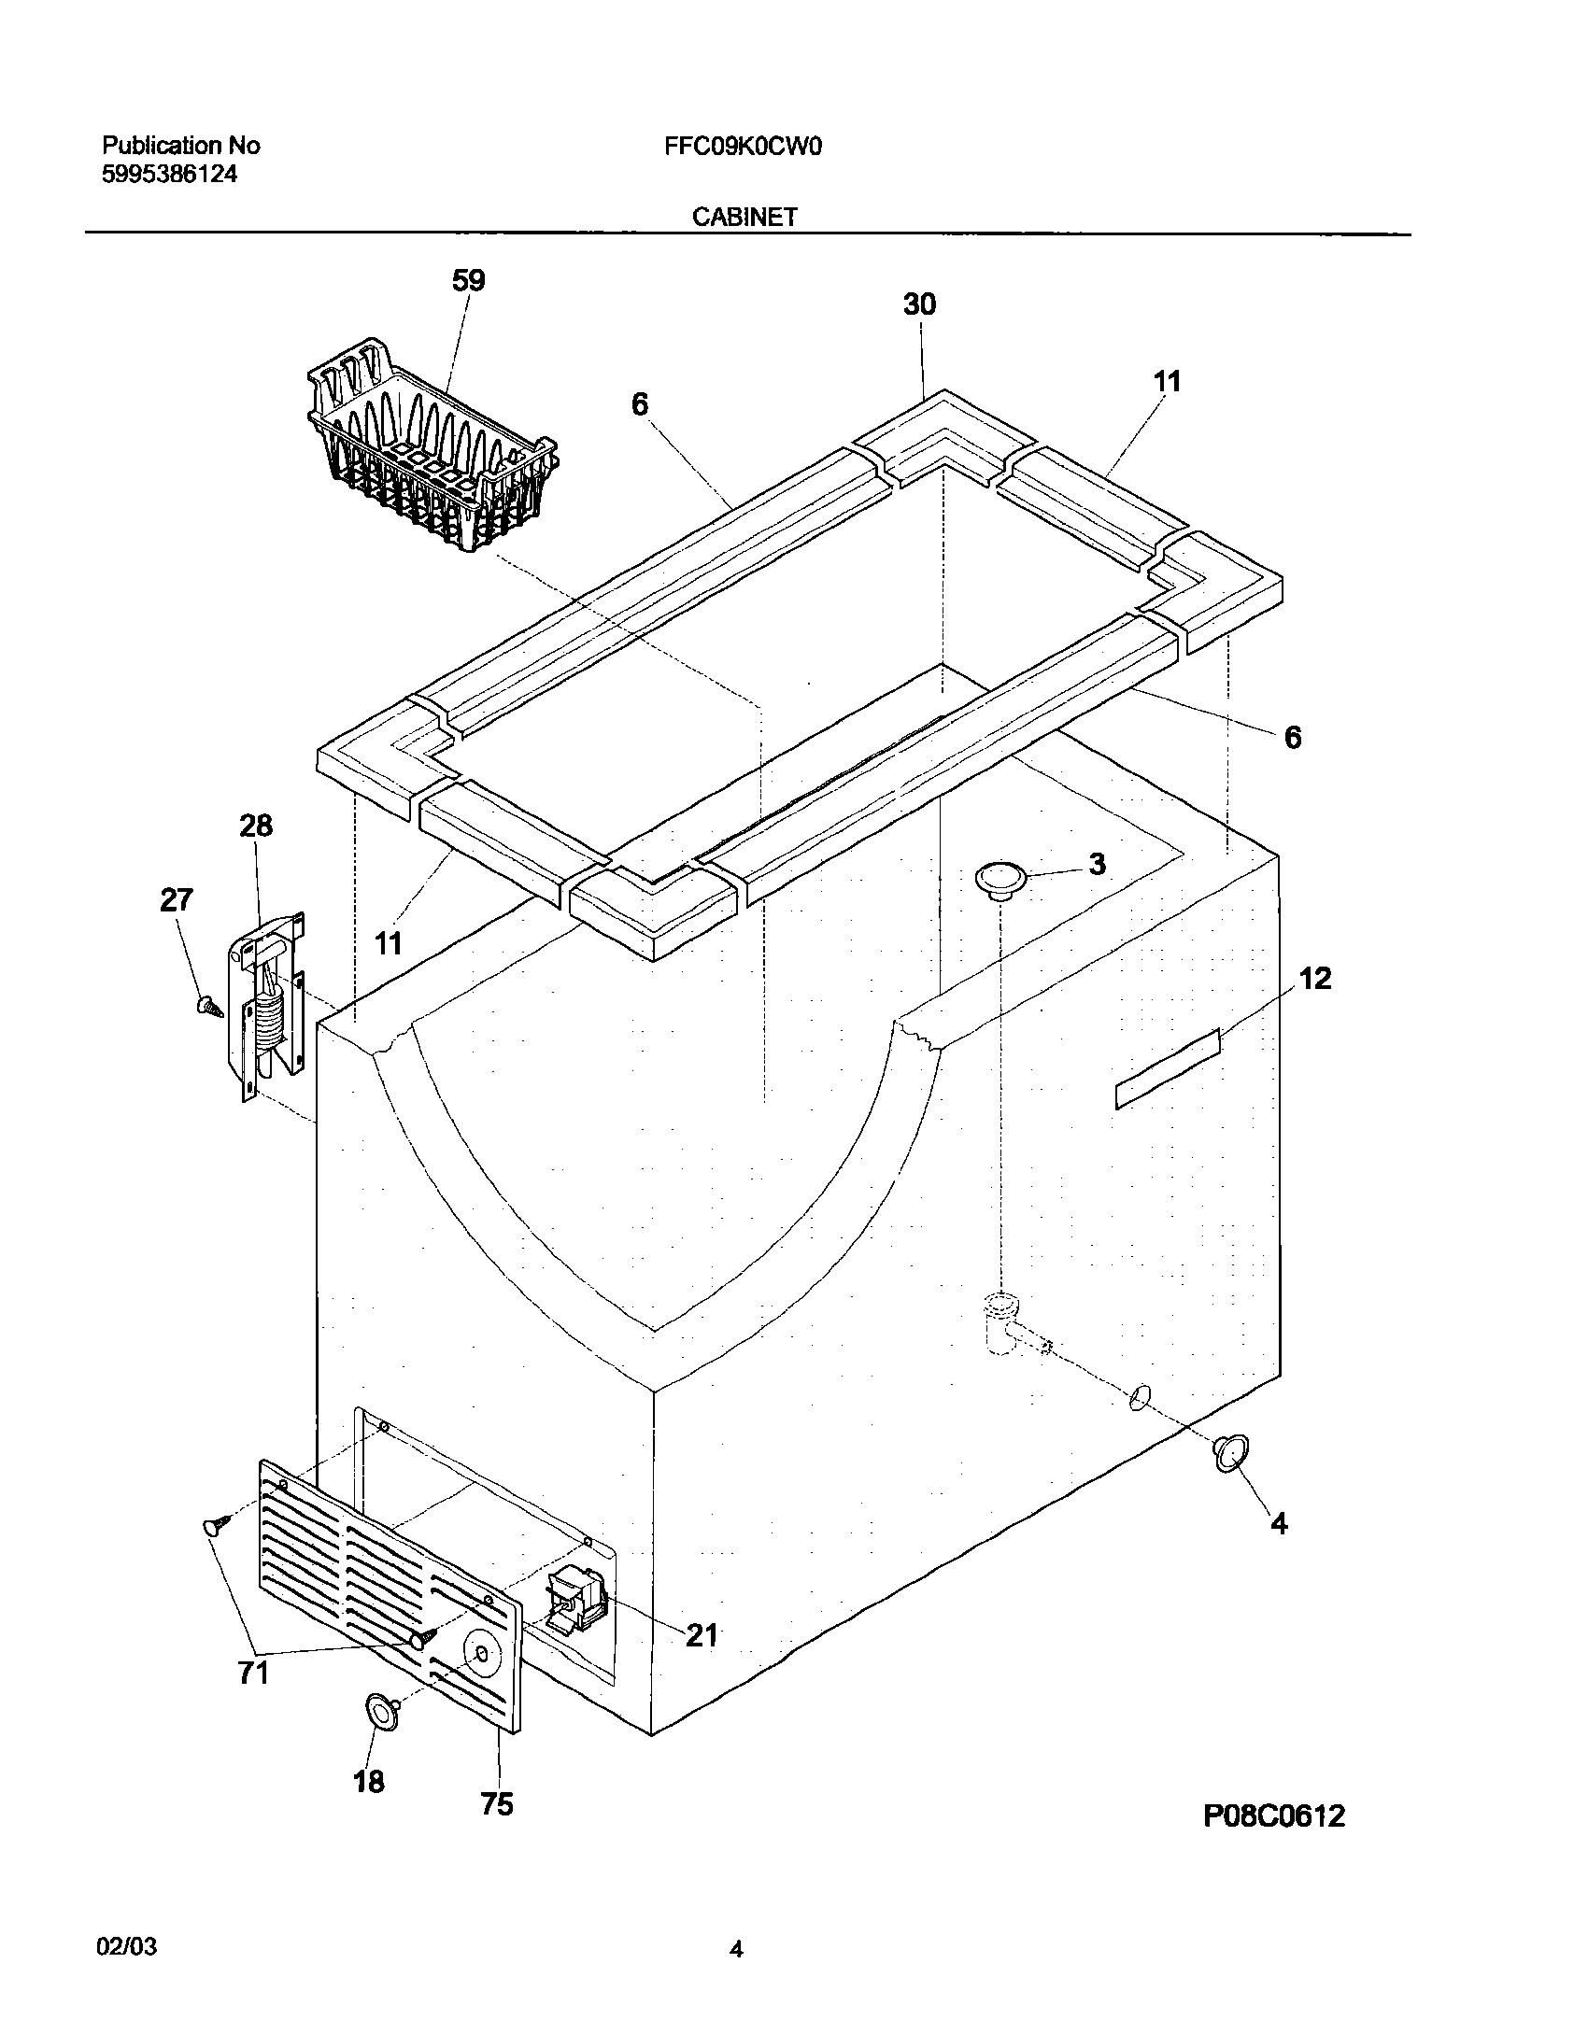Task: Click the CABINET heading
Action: (744, 217)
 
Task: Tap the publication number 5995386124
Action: (169, 175)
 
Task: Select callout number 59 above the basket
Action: (468, 280)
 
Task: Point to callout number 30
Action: (919, 304)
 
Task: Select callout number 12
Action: (1314, 979)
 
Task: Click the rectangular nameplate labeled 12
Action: (1168, 1068)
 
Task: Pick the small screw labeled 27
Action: (208, 1007)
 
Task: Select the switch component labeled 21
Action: (577, 1600)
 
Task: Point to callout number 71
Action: (253, 1672)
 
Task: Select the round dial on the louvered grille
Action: (481, 1653)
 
